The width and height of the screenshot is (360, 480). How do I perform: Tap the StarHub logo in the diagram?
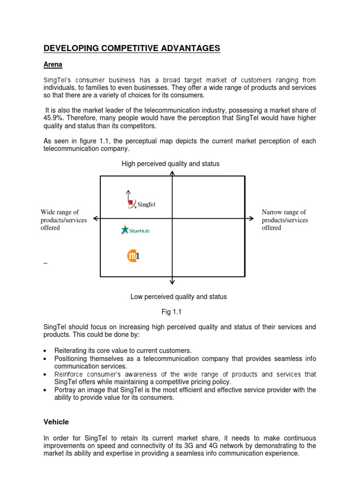click(x=135, y=230)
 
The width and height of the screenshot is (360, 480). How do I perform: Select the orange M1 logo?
click(x=134, y=256)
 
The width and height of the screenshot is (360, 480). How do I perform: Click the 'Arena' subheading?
click(x=53, y=64)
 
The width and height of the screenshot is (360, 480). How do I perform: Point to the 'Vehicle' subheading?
click(x=56, y=422)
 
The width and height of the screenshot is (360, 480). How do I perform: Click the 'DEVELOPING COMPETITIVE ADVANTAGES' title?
click(x=132, y=48)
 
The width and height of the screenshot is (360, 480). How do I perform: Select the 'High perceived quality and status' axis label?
click(x=171, y=164)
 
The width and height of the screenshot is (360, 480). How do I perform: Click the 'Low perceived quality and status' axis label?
click(x=178, y=297)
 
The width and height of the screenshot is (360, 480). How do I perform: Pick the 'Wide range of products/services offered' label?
click(x=64, y=220)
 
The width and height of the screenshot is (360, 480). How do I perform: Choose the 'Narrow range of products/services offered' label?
click(x=285, y=220)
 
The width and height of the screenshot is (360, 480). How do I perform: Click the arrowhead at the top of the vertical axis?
click(x=172, y=173)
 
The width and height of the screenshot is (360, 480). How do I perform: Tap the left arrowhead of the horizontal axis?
click(x=96, y=218)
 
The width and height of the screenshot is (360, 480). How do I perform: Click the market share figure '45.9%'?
click(x=53, y=118)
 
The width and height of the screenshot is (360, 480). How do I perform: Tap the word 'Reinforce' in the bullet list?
click(x=70, y=374)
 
